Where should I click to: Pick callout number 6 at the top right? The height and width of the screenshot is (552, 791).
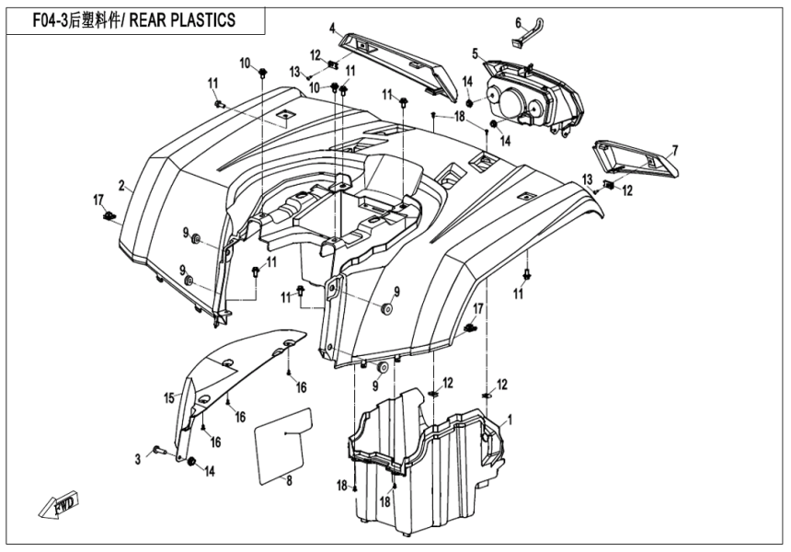click(518, 23)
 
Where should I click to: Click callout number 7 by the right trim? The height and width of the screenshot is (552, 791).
click(674, 150)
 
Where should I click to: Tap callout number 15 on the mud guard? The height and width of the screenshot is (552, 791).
click(169, 398)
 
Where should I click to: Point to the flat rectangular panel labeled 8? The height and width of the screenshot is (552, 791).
click(284, 446)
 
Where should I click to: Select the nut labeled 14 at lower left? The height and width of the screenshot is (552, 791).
click(191, 461)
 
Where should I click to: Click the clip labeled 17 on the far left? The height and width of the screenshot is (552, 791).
click(110, 217)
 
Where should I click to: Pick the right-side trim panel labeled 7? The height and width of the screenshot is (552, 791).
click(635, 158)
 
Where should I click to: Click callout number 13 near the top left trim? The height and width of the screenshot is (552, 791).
click(295, 71)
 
